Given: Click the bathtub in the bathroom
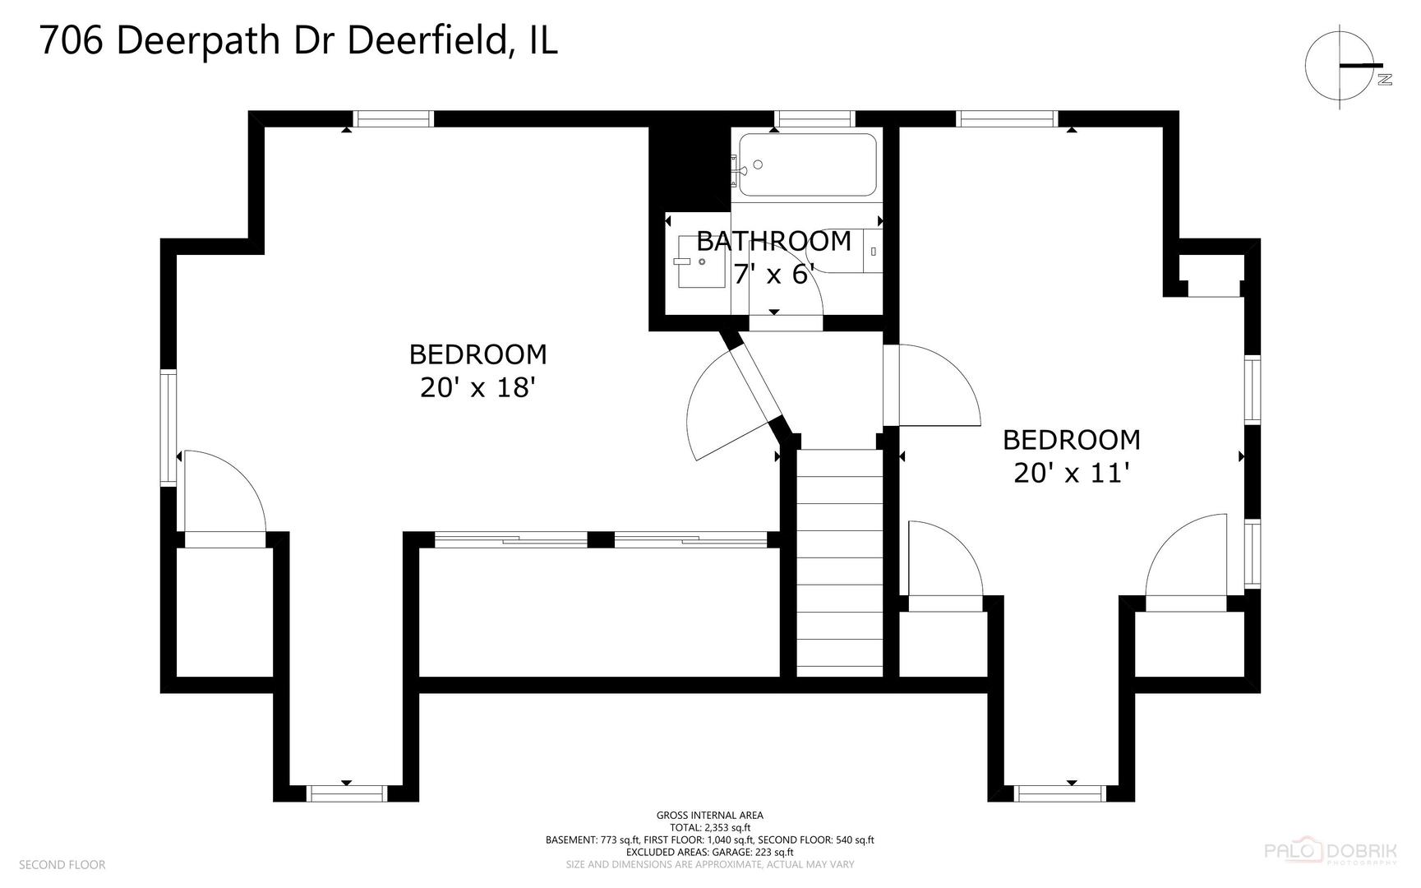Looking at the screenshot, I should (x=807, y=164).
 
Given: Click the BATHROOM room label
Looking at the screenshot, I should (x=773, y=241).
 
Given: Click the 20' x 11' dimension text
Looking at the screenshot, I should (x=1071, y=473).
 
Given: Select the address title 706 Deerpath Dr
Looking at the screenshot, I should (x=298, y=40).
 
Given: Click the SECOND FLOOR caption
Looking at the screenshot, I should (x=62, y=864).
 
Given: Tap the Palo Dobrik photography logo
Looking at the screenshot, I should (x=1329, y=852).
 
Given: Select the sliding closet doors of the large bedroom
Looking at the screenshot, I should (x=601, y=539).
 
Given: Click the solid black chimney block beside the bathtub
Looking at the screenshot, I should (x=689, y=169).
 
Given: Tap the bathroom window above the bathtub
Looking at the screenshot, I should (x=815, y=119).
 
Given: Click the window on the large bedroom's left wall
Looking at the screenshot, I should (x=168, y=427).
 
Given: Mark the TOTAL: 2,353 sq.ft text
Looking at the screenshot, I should (x=709, y=827).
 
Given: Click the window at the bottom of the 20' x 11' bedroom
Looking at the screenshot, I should (x=1060, y=793).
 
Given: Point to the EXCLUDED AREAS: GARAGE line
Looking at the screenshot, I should (x=709, y=852).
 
